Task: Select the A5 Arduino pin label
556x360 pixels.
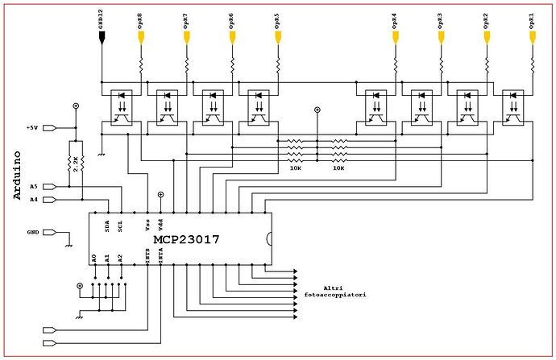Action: click(x=33, y=186)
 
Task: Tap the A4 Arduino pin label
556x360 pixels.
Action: click(x=33, y=199)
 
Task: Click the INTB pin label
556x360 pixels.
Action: click(x=147, y=256)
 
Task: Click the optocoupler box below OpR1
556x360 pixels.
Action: click(x=512, y=106)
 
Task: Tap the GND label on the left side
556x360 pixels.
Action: click(x=33, y=231)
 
